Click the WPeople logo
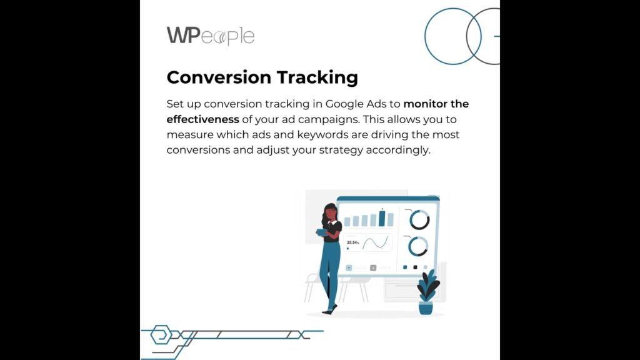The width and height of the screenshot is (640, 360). (x=211, y=36)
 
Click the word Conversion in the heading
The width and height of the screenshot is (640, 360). (x=219, y=77)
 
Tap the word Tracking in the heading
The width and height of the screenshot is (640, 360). (x=317, y=77)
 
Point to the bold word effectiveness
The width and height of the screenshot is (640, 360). (x=203, y=119)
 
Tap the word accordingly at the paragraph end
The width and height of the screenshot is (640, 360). (x=398, y=150)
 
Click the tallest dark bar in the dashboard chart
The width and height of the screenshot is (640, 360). (x=382, y=218)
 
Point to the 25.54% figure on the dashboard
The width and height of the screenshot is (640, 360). (x=352, y=242)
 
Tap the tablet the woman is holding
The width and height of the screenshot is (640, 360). (x=322, y=232)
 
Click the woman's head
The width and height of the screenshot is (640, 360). (x=331, y=212)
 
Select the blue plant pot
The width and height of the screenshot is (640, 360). (x=426, y=307)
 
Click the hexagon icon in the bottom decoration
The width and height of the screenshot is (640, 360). (x=161, y=335)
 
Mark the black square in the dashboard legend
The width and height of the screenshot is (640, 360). (x=415, y=267)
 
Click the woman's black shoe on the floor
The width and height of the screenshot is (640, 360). (x=329, y=311)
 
